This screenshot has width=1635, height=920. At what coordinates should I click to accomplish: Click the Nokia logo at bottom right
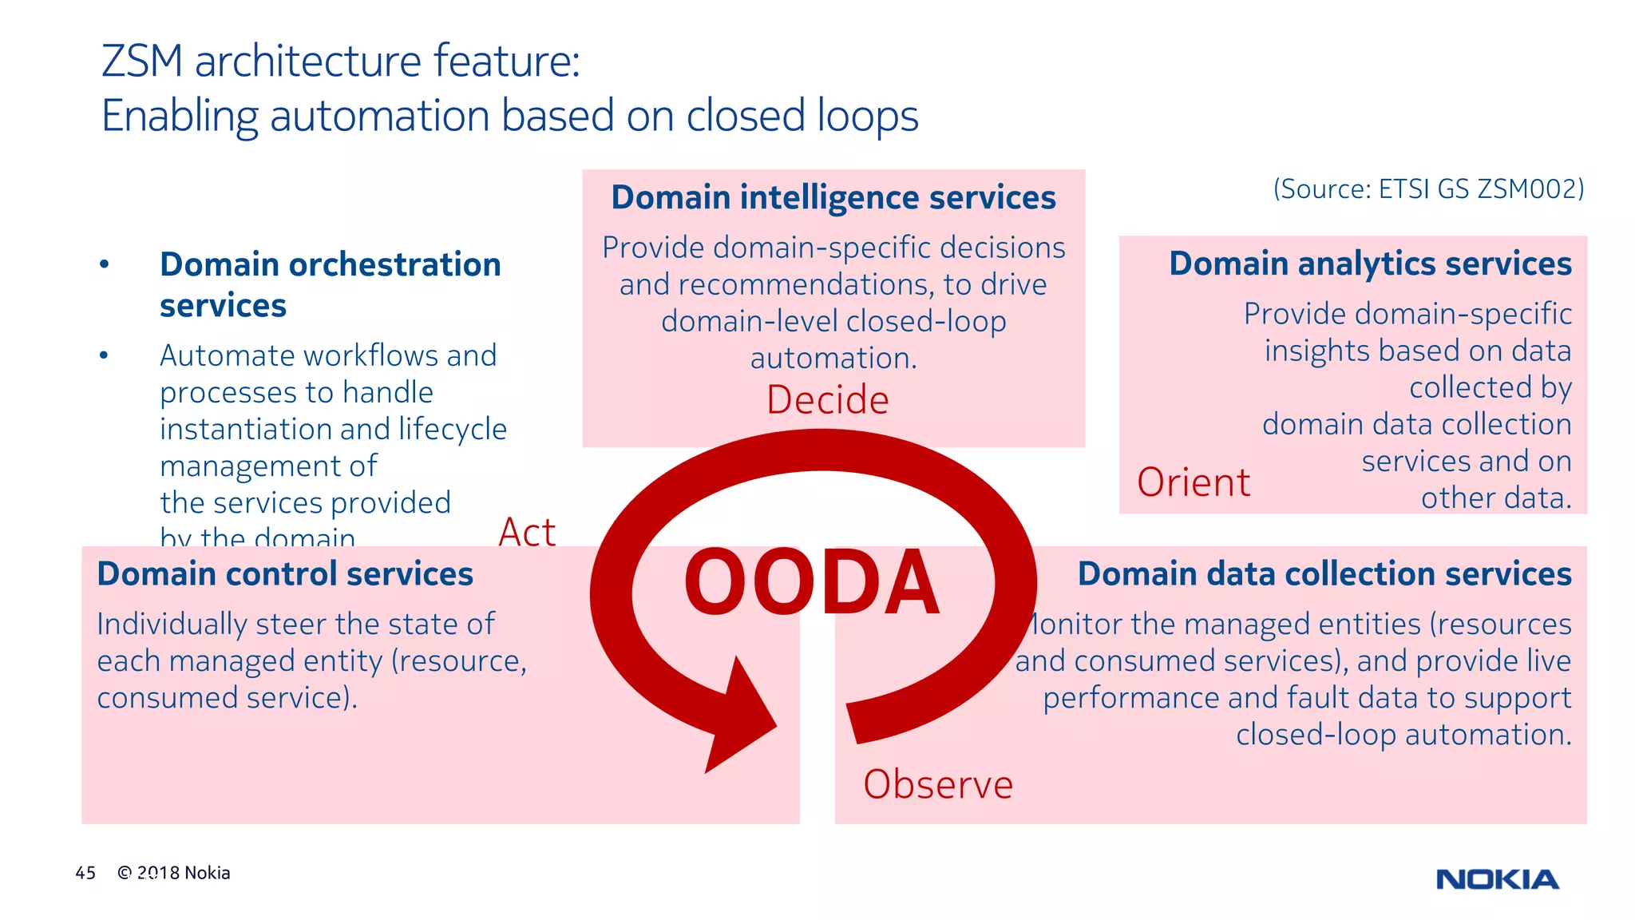pos(1497,879)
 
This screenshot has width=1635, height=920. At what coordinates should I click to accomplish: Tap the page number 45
pos(85,873)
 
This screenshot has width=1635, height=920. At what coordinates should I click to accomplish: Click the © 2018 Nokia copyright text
pos(174,873)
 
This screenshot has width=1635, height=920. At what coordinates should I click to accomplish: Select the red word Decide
pos(827,400)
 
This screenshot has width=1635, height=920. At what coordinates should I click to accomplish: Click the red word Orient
pos(1193,482)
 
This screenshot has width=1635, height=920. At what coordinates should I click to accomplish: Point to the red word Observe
pos(937,784)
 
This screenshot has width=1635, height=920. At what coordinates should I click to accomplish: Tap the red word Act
pos(527,533)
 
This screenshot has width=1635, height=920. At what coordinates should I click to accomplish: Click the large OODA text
pos(811,583)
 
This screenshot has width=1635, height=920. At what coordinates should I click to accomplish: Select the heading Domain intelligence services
pos(833,197)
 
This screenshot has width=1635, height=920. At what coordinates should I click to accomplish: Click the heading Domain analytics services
pos(1370,264)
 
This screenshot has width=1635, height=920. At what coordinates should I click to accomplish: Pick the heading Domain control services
pos(285,574)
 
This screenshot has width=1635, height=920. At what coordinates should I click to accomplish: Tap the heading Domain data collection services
pos(1324,574)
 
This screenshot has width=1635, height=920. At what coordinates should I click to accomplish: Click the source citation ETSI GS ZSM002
pos(1428,189)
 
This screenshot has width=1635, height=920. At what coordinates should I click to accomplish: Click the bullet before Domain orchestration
pos(104,264)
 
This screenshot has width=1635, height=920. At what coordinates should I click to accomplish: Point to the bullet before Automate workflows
pos(104,355)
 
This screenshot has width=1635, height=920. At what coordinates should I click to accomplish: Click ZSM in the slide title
pos(142,61)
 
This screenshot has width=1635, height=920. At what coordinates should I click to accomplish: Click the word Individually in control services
pos(172,625)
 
